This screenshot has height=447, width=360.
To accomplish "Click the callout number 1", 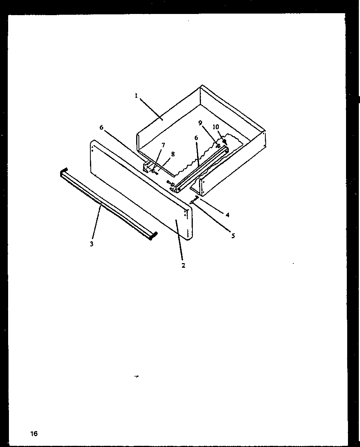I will click(136, 95).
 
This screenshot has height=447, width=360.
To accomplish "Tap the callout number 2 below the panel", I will click(183, 265).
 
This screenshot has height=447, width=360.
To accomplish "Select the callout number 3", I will click(92, 244).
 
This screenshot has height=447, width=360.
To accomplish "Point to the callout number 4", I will click(228, 215).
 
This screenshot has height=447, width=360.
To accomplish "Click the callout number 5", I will click(233, 235).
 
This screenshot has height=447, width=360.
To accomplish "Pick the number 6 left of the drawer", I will click(102, 128).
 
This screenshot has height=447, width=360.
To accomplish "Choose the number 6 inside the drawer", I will click(196, 138).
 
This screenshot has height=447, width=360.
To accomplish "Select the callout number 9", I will click(200, 123).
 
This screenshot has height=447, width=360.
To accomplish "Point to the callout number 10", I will click(216, 127).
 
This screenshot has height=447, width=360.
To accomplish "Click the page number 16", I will click(34, 433).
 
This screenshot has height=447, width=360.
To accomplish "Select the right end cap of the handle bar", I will click(154, 235).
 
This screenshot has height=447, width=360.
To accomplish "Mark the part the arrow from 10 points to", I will click(225, 142).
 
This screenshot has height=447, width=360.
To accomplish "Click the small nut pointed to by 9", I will click(218, 146).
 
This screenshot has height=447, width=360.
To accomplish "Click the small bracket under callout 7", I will click(147, 168).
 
